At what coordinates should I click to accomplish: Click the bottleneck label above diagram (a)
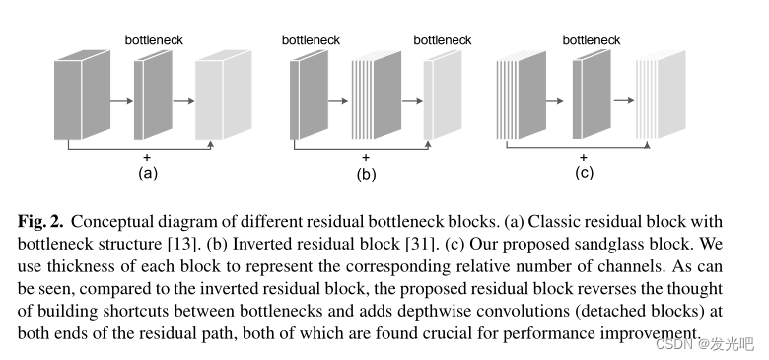tap(154, 40)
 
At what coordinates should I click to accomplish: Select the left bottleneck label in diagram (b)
tap(311, 40)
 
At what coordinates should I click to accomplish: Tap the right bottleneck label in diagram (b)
tap(442, 40)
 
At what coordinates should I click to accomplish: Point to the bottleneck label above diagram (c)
tap(592, 40)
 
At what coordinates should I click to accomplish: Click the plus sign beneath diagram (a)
tap(147, 158)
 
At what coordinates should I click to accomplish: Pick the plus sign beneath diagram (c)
tap(583, 157)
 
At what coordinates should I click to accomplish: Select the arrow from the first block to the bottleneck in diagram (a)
tap(120, 100)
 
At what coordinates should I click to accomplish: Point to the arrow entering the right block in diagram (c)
tap(624, 100)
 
